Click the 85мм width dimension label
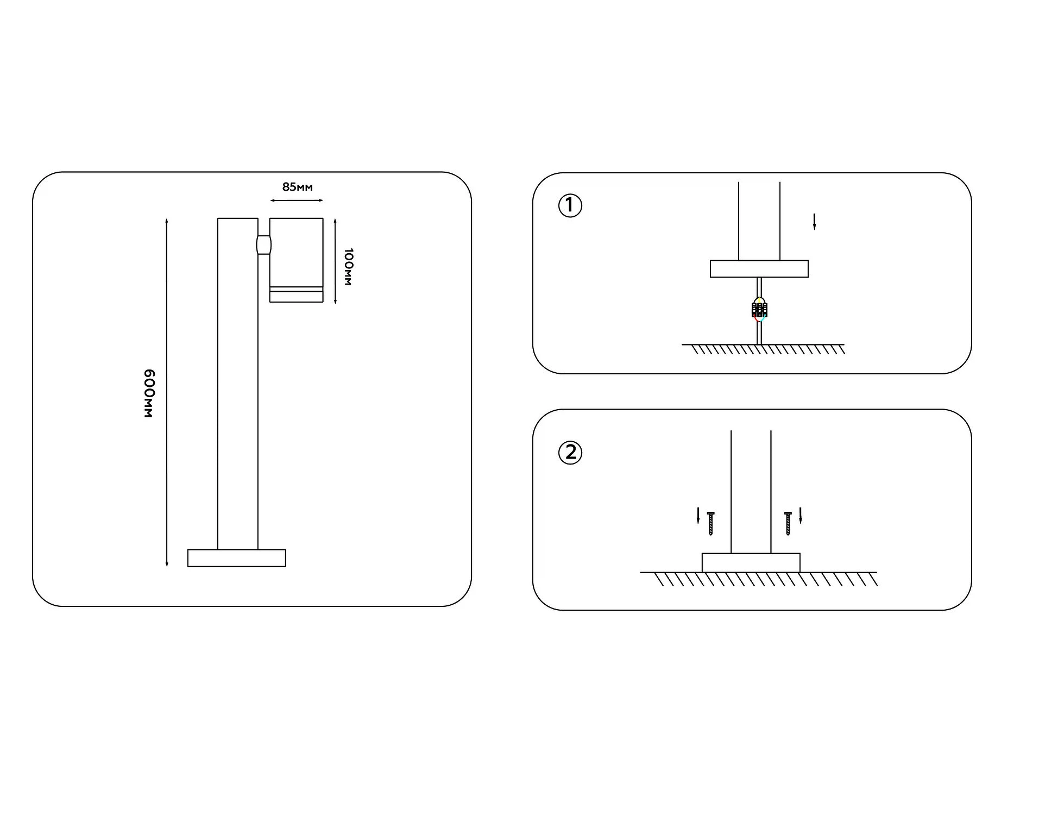pyautogui.click(x=297, y=187)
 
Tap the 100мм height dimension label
pyautogui.click(x=348, y=267)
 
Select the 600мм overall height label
pyautogui.click(x=149, y=393)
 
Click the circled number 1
pyautogui.click(x=570, y=206)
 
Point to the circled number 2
pyautogui.click(x=570, y=453)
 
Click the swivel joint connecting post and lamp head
pyautogui.click(x=264, y=244)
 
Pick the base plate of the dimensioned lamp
pyautogui.click(x=237, y=558)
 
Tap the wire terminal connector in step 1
pyautogui.click(x=759, y=310)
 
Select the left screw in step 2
pyautogui.click(x=710, y=524)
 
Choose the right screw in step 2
pyautogui.click(x=788, y=524)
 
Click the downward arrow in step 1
pyautogui.click(x=814, y=222)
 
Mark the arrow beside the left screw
pyautogui.click(x=698, y=516)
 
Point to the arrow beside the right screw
pyautogui.click(x=800, y=516)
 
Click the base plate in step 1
pyautogui.click(x=759, y=269)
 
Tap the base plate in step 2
pyautogui.click(x=751, y=563)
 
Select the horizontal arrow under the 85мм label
pyautogui.click(x=297, y=200)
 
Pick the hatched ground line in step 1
pyautogui.click(x=764, y=349)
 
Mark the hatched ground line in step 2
pyautogui.click(x=759, y=579)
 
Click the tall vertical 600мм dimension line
pyautogui.click(x=167, y=393)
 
